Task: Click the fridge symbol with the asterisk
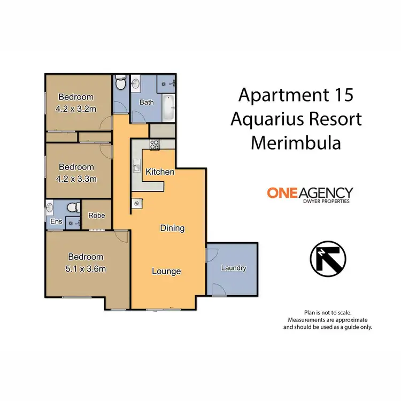point(136,203)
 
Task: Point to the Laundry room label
point(234,268)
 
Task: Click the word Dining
point(172,228)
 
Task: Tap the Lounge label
point(166,271)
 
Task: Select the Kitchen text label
point(160,172)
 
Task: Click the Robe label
point(97,216)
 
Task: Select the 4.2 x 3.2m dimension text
point(76,109)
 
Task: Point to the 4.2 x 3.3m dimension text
point(76,179)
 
